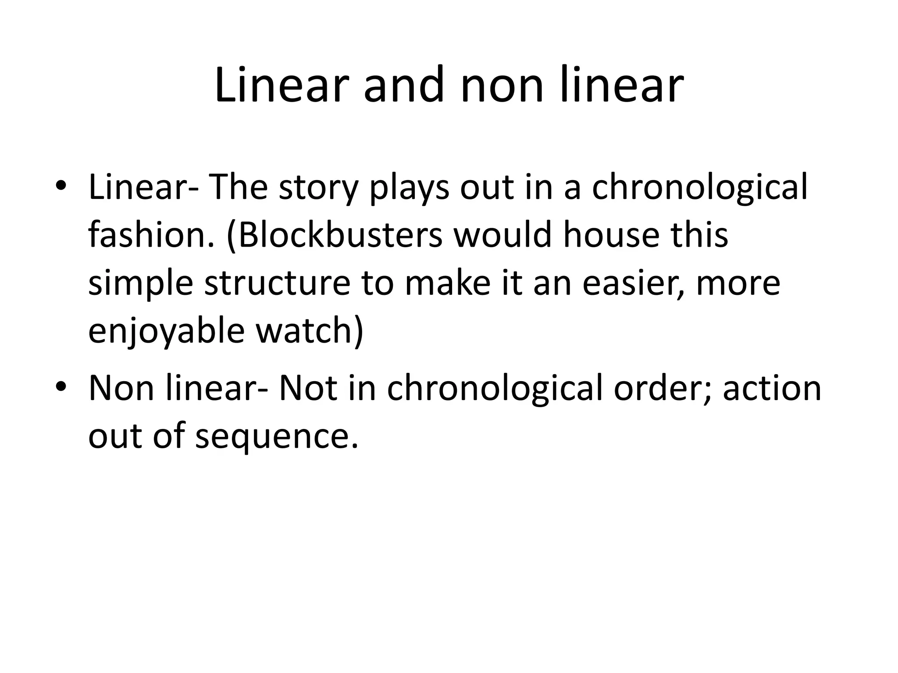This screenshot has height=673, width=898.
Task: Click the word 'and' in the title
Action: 403,85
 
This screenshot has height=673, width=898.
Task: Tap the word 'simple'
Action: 140,283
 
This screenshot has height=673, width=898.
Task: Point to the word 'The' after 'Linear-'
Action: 239,187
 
